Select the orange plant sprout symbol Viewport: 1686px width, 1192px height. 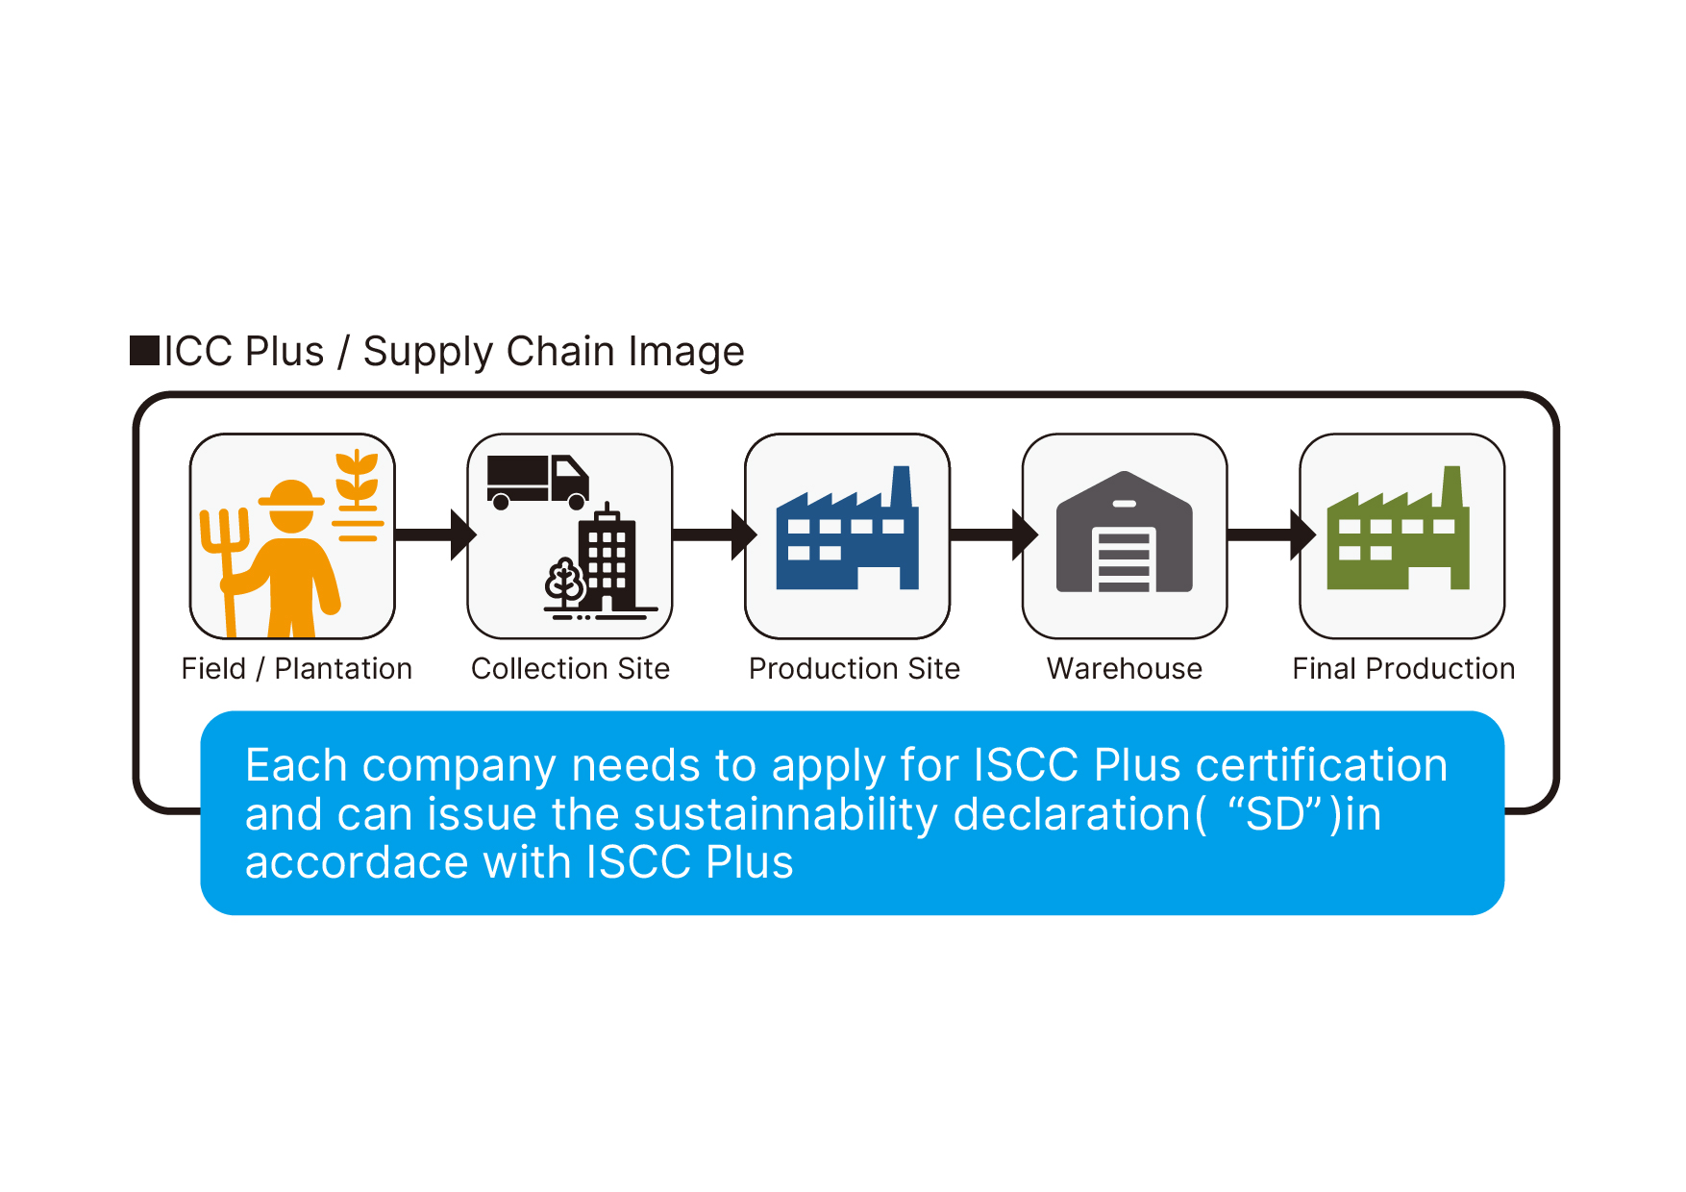pyautogui.click(x=357, y=494)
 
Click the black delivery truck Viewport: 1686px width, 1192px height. pyautogui.click(x=537, y=482)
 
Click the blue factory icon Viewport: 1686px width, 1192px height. pyautogui.click(x=847, y=528)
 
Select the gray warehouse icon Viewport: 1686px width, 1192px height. pyautogui.click(x=1124, y=532)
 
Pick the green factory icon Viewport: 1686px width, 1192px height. pyautogui.click(x=1398, y=528)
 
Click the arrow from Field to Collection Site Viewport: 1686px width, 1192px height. pyautogui.click(x=435, y=534)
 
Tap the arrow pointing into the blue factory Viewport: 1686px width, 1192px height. pyautogui.click(x=714, y=534)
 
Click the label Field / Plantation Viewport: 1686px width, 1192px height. pyautogui.click(x=297, y=668)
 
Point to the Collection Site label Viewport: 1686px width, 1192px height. pyautogui.click(x=570, y=668)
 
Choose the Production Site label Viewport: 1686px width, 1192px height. pyautogui.click(x=855, y=668)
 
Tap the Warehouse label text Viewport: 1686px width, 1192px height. pyautogui.click(x=1125, y=668)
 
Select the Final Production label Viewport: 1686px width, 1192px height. pyautogui.click(x=1403, y=668)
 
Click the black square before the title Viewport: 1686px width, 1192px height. pyautogui.click(x=145, y=351)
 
